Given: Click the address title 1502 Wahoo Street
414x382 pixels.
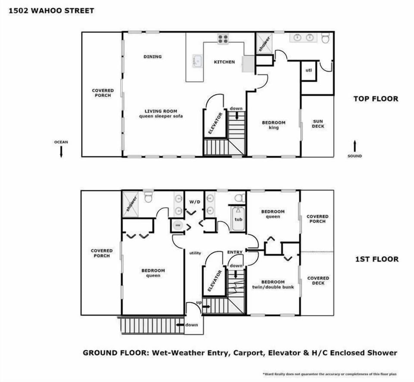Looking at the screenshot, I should click(x=51, y=10).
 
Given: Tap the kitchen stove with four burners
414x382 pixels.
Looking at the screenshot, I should click(x=223, y=39).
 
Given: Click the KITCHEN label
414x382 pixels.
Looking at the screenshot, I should click(x=225, y=62).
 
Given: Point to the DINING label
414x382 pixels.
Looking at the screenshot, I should click(x=153, y=56).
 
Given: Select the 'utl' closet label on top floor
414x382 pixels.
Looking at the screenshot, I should click(x=309, y=70).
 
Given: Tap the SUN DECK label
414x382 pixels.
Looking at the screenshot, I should click(x=318, y=124).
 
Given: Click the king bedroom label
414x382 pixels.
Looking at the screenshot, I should click(x=274, y=125).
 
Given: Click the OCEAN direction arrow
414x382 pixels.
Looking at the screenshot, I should click(x=61, y=151).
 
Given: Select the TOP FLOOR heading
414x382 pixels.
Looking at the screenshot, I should click(x=376, y=99).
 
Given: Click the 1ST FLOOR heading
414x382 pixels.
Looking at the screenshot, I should click(x=376, y=259).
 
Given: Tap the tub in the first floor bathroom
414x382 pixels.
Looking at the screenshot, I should click(x=238, y=218).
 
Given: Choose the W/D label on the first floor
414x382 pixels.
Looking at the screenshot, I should click(x=195, y=201).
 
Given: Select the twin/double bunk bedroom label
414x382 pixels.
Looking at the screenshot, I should click(x=273, y=284).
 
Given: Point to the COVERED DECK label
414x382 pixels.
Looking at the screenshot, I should click(x=318, y=281).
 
